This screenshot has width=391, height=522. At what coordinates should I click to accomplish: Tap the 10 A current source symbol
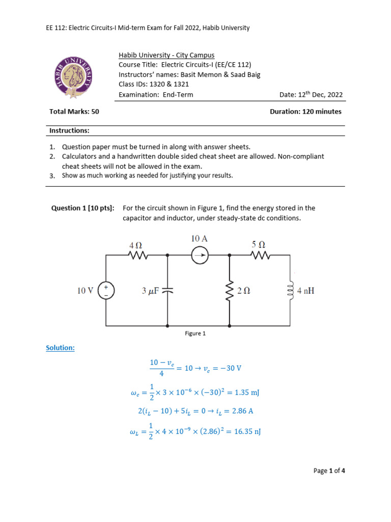pyautogui.click(x=199, y=255)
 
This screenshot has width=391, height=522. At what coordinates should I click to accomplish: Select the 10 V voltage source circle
pyautogui.click(x=106, y=291)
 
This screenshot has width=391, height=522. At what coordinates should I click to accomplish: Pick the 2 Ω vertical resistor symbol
pyautogui.click(x=230, y=291)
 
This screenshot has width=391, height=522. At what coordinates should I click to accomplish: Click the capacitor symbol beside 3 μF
pyautogui.click(x=168, y=291)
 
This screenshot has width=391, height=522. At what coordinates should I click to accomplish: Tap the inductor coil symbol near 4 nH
pyautogui.click(x=291, y=291)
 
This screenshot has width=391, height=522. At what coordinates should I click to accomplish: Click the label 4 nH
pyautogui.click(x=306, y=291)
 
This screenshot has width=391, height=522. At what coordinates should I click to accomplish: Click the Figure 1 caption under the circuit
pyautogui.click(x=195, y=333)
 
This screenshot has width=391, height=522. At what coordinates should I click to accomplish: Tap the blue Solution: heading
pyautogui.click(x=60, y=348)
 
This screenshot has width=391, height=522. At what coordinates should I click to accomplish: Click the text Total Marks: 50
pyautogui.click(x=74, y=111)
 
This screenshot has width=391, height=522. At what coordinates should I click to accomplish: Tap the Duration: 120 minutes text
pyautogui.click(x=305, y=111)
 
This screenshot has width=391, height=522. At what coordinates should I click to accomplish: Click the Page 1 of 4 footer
pyautogui.click(x=329, y=471)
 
